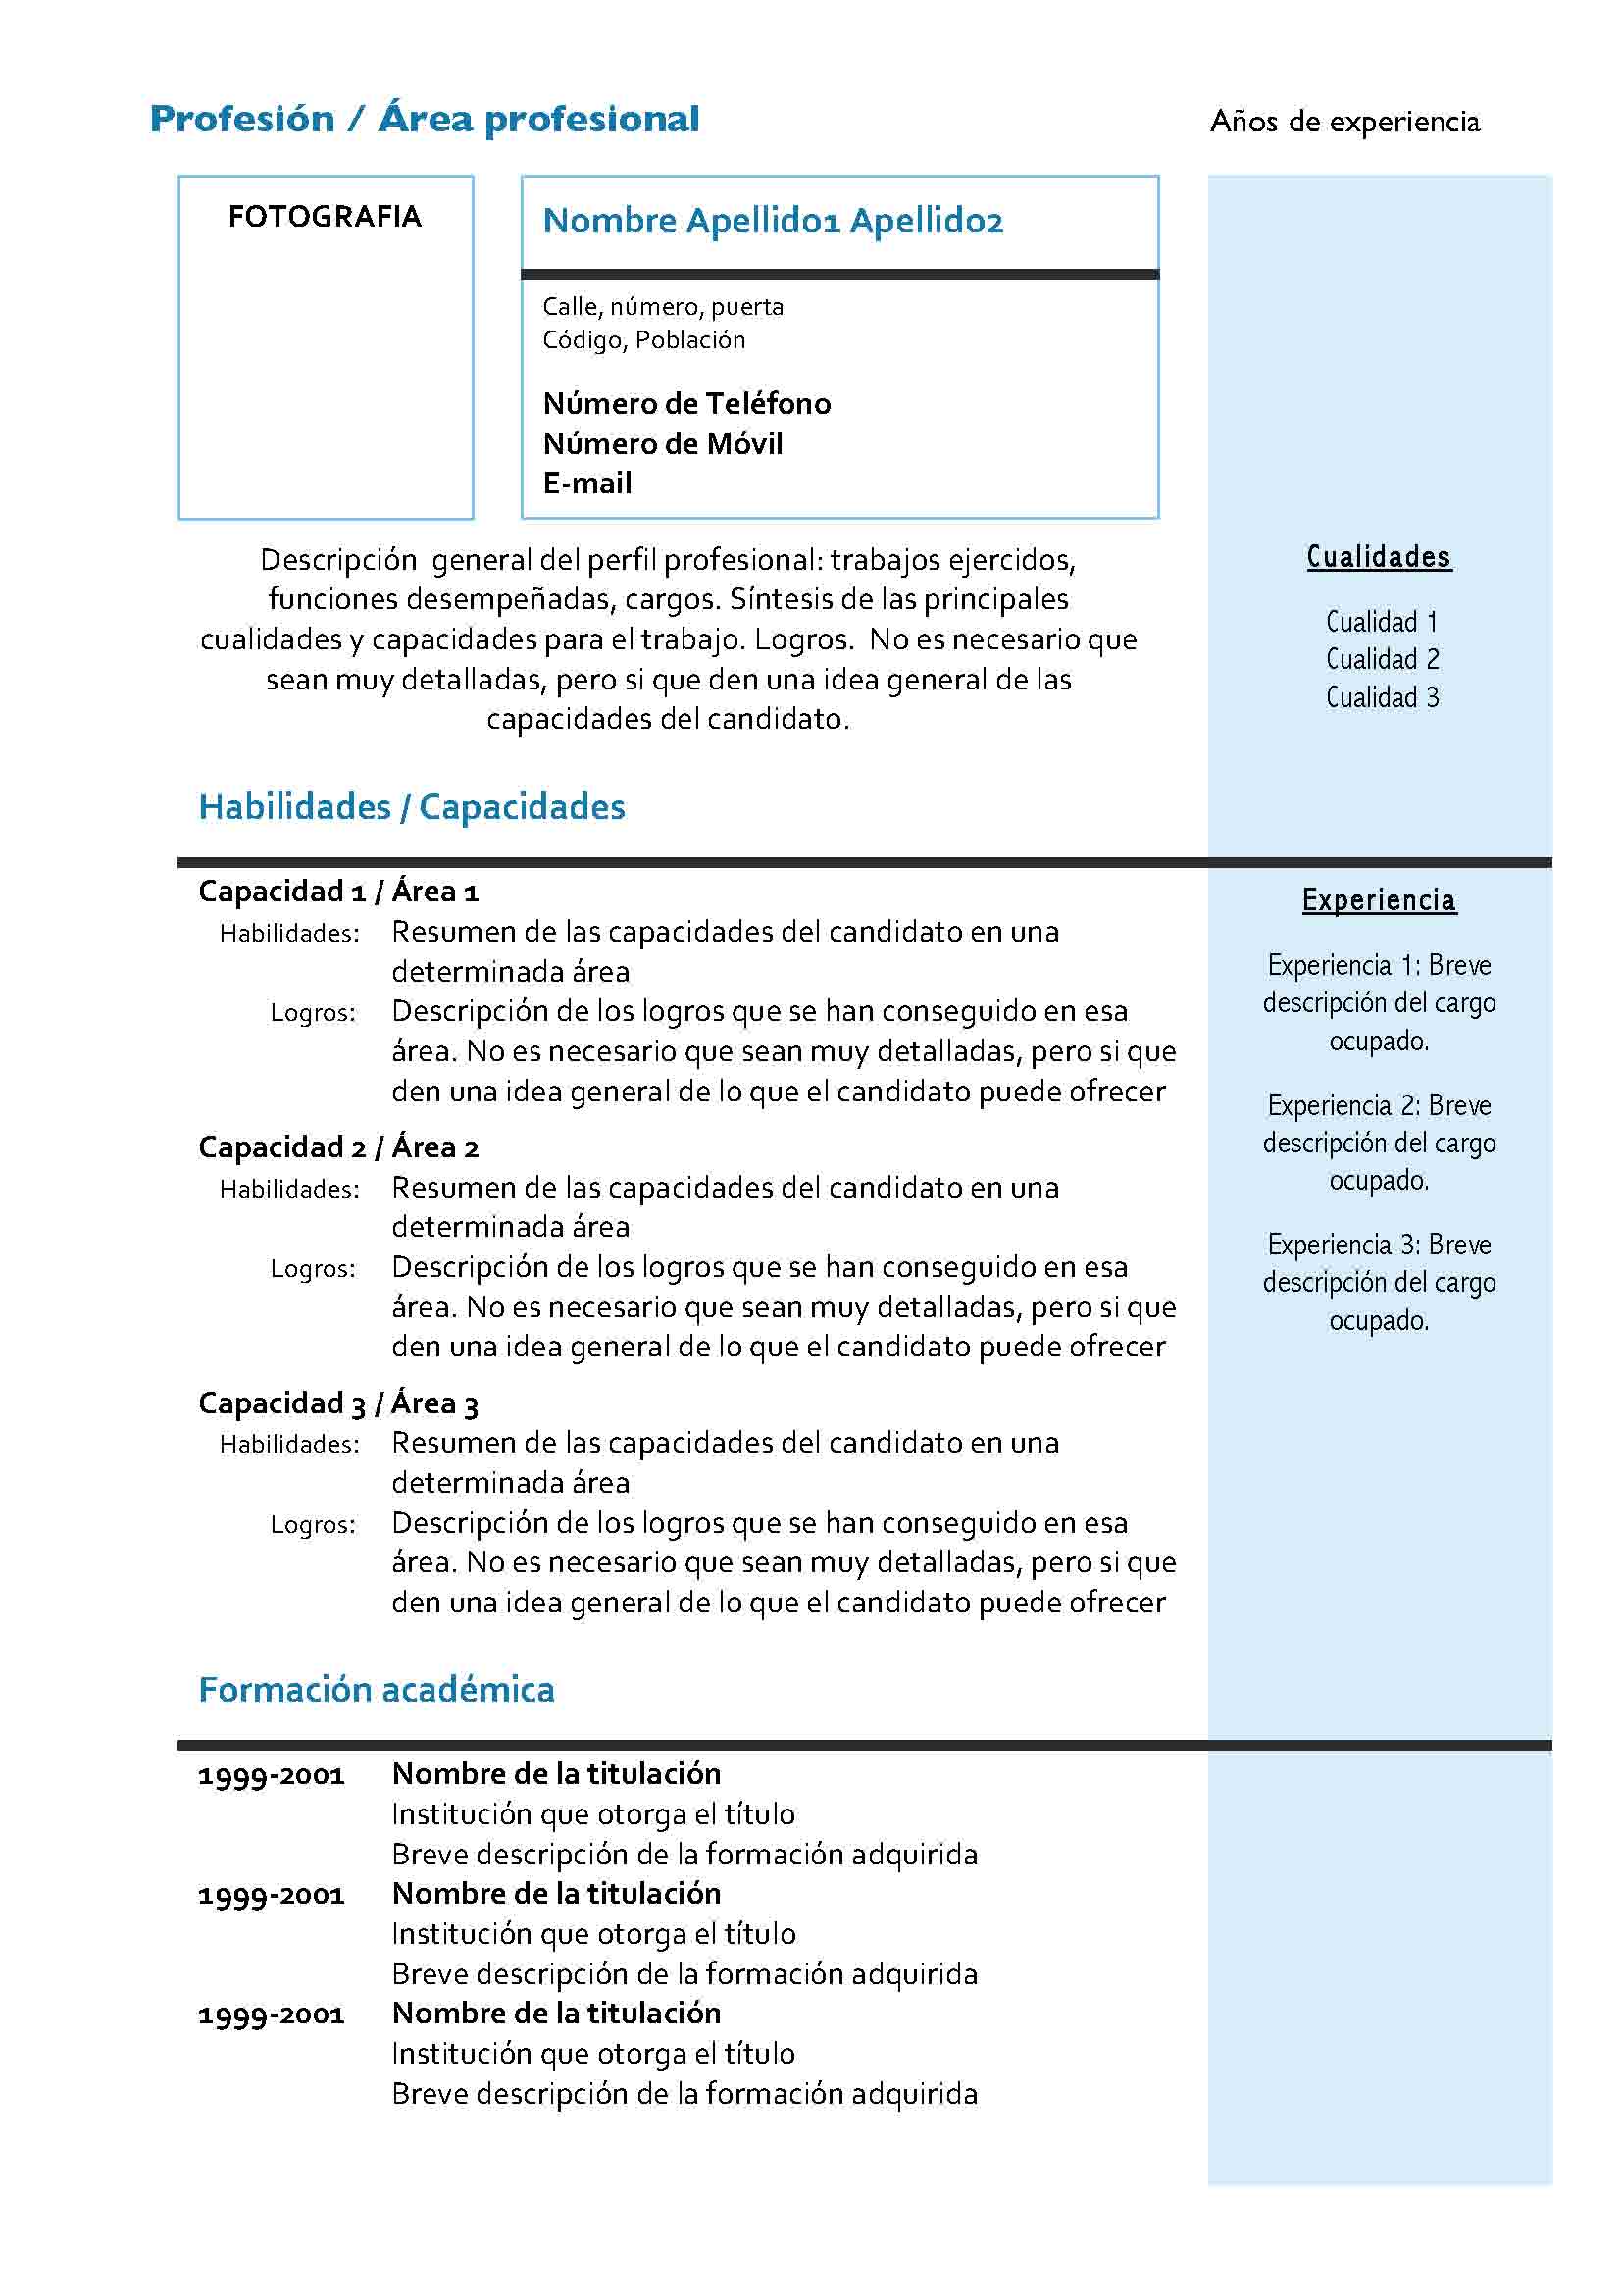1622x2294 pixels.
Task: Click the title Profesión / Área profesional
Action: pyautogui.click(x=424, y=120)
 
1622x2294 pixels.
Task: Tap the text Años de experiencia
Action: pyautogui.click(x=1344, y=122)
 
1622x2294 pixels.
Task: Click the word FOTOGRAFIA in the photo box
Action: pyautogui.click(x=325, y=216)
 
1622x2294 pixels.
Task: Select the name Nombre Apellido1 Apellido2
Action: pyautogui.click(x=772, y=221)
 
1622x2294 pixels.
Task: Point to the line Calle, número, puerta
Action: pyautogui.click(x=662, y=307)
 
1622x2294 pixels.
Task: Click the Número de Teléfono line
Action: pyautogui.click(x=686, y=404)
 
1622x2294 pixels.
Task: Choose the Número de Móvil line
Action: pyautogui.click(x=662, y=443)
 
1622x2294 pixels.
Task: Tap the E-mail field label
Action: pyautogui.click(x=587, y=484)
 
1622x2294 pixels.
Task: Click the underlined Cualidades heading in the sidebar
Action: pyautogui.click(x=1378, y=556)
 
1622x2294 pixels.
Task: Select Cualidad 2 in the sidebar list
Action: pyautogui.click(x=1383, y=659)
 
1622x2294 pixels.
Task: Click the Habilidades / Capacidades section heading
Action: pyautogui.click(x=412, y=807)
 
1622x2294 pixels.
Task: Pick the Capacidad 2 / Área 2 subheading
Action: pyautogui.click(x=338, y=1147)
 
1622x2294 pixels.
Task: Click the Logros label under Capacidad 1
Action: pyautogui.click(x=313, y=1013)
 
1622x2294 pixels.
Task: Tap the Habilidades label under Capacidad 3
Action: pyautogui.click(x=289, y=1444)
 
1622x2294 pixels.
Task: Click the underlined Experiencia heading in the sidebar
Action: pyautogui.click(x=1378, y=900)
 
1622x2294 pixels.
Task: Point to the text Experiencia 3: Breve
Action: pyautogui.click(x=1378, y=1245)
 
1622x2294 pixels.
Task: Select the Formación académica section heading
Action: pyautogui.click(x=377, y=1690)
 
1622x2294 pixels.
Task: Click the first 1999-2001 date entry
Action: pyautogui.click(x=271, y=1775)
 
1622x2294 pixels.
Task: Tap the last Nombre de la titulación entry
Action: pyautogui.click(x=556, y=2014)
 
